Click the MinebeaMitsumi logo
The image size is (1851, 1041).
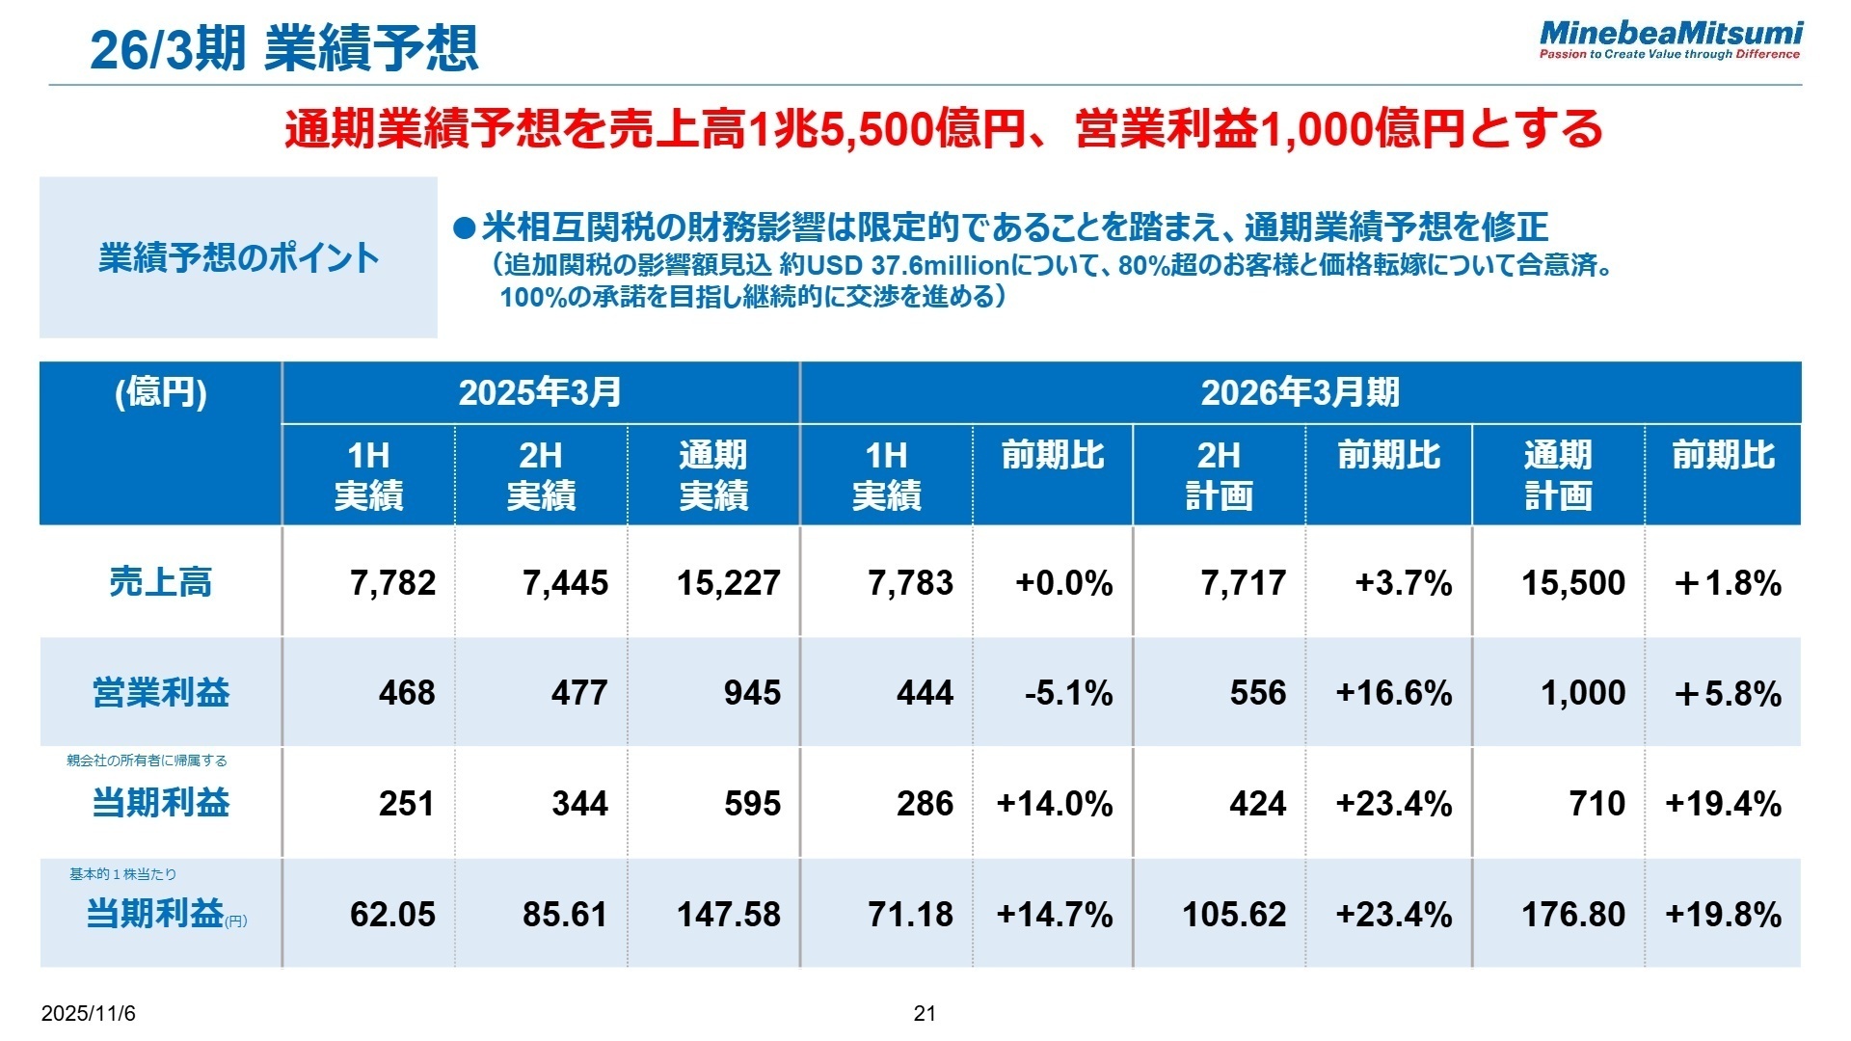point(1670,40)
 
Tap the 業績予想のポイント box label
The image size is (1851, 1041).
point(238,258)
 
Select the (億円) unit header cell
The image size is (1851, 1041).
point(160,392)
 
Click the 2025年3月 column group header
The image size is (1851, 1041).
point(540,392)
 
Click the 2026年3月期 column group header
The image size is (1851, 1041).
point(1300,392)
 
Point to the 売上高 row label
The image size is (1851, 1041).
point(160,582)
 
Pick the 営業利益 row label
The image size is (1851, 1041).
point(160,693)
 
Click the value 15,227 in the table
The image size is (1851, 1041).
point(728,583)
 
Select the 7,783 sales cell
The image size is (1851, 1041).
point(910,583)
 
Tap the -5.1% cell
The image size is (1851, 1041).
point(1068,693)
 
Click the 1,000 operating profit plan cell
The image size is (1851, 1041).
point(1582,693)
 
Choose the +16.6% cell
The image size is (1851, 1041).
point(1393,693)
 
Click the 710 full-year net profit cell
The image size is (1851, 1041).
point(1596,804)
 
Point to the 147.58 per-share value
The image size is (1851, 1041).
point(728,915)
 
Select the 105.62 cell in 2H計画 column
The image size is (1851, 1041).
point(1234,915)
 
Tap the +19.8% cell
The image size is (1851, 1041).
point(1723,915)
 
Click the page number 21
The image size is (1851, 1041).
point(925,1013)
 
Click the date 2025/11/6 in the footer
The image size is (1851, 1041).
point(89,1014)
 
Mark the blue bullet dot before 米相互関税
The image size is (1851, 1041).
point(466,228)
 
